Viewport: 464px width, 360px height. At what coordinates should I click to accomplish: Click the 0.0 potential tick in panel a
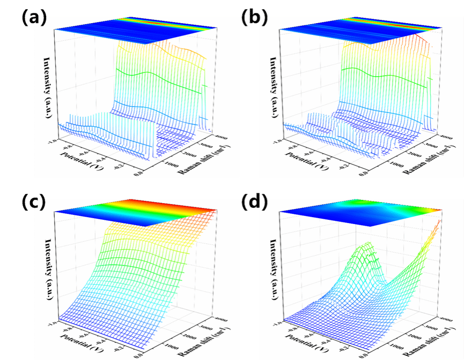point(137,173)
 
